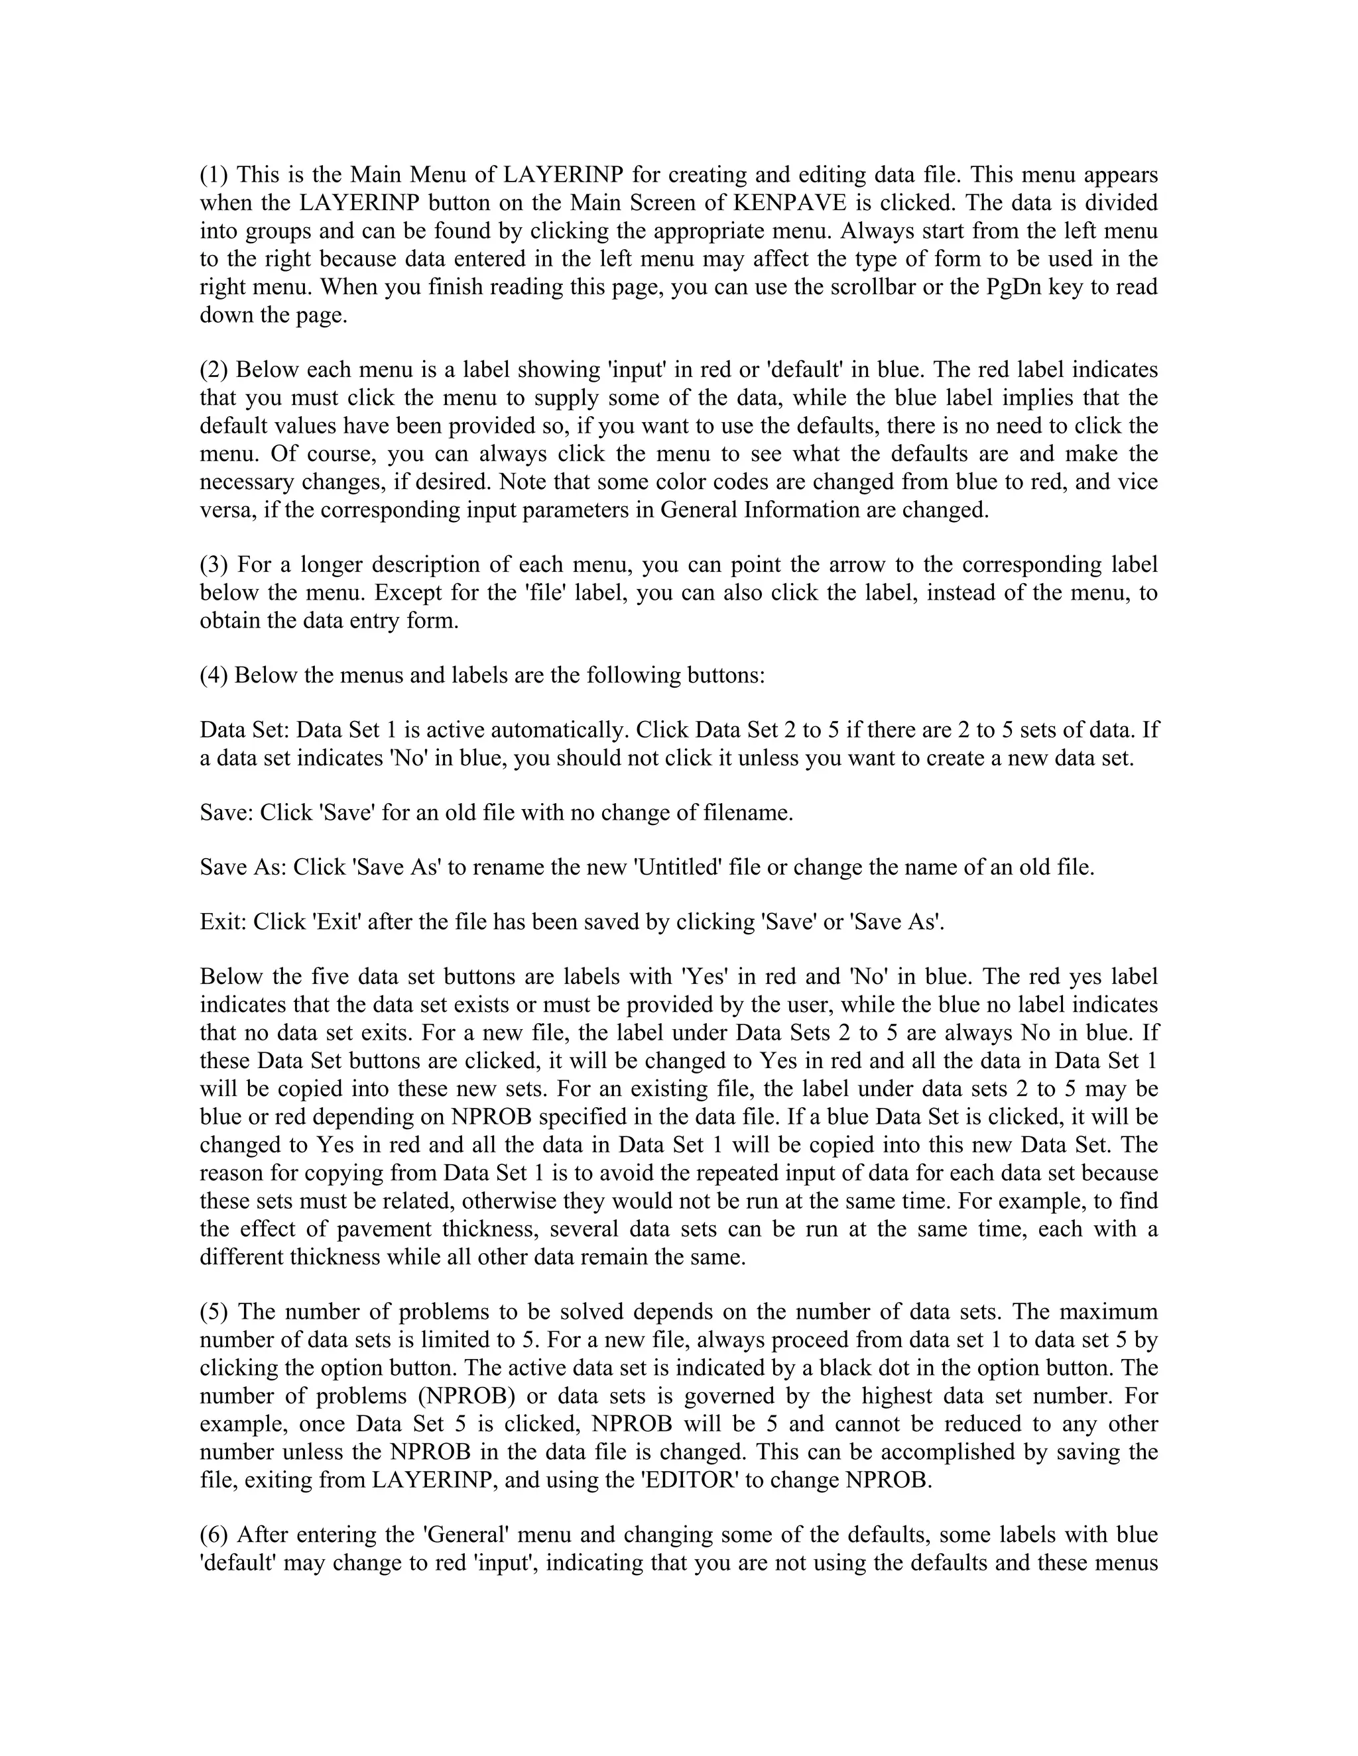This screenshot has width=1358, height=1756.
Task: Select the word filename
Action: pos(750,813)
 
